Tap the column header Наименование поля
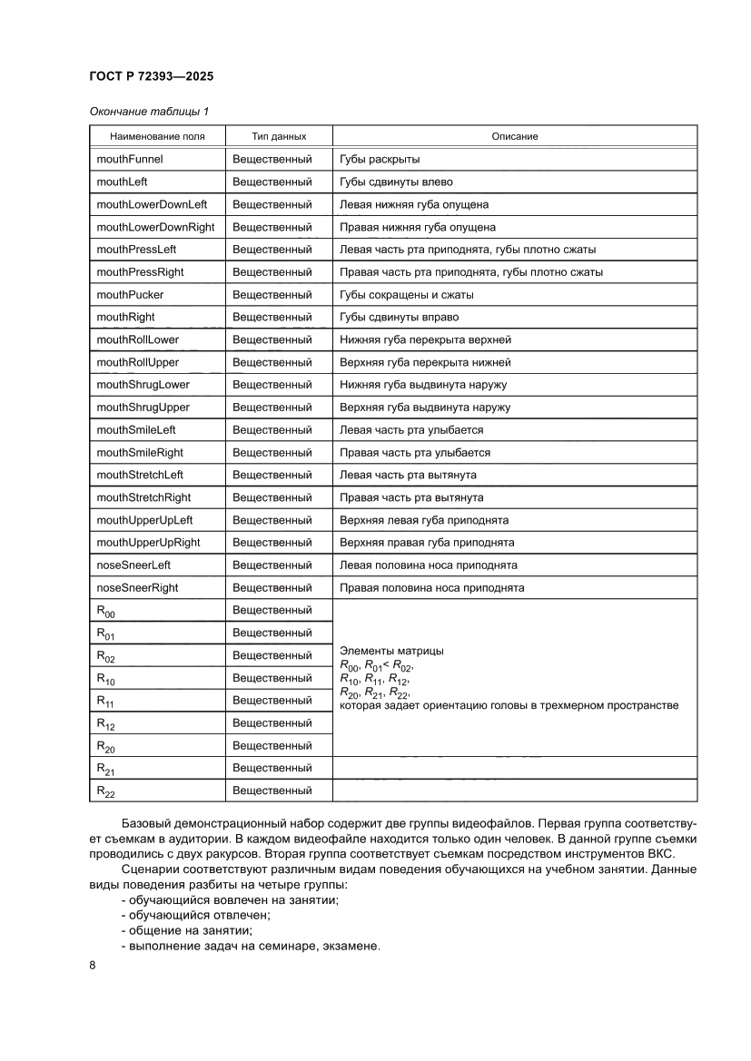click(x=157, y=136)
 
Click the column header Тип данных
click(x=279, y=136)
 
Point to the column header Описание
click(x=515, y=136)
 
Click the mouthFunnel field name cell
click(x=130, y=159)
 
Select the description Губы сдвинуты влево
click(x=396, y=182)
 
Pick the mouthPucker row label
click(x=130, y=295)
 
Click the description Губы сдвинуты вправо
click(x=399, y=318)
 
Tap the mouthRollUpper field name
click(x=137, y=362)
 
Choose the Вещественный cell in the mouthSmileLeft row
click(x=272, y=430)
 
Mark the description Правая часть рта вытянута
click(x=410, y=497)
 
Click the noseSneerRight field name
click(x=137, y=588)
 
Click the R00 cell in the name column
click(x=105, y=611)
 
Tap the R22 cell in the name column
click(x=105, y=791)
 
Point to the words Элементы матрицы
click(x=391, y=652)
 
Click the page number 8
click(x=93, y=965)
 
